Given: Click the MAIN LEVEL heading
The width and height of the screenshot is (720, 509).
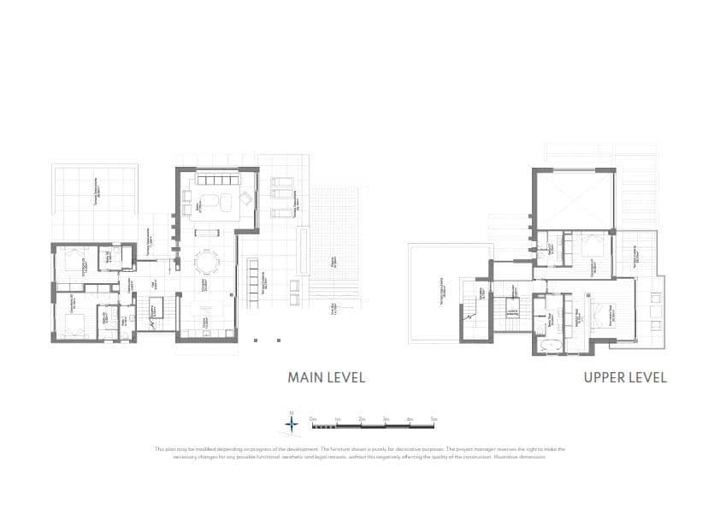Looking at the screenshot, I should pyautogui.click(x=326, y=377).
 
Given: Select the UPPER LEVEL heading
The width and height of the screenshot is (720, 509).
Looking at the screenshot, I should pyautogui.click(x=625, y=377).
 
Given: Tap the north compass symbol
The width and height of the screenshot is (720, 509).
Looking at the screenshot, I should pyautogui.click(x=292, y=421).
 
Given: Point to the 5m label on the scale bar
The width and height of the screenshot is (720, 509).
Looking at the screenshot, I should pyautogui.click(x=434, y=418).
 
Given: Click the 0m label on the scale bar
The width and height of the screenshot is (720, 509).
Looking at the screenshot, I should pyautogui.click(x=314, y=418).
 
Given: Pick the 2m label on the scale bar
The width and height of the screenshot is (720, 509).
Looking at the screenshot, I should pyautogui.click(x=362, y=418).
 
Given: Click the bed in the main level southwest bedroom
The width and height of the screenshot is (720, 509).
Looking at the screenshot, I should pyautogui.click(x=73, y=323).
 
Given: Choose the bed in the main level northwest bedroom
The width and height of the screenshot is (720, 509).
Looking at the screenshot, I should pyautogui.click(x=74, y=257).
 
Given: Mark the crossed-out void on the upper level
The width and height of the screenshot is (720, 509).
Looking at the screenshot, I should pyautogui.click(x=574, y=198).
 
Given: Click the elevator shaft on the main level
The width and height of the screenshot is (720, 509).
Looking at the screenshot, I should pyautogui.click(x=157, y=310).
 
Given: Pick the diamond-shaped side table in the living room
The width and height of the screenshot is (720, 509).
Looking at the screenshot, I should pyautogui.click(x=245, y=198).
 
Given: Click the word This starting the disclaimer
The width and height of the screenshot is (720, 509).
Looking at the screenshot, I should pyautogui.click(x=160, y=449).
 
